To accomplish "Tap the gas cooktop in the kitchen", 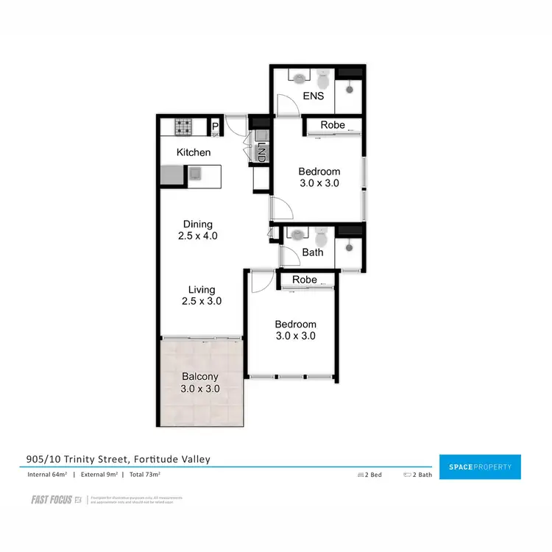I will tap(183, 127).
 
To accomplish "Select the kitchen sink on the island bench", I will tap(195, 174).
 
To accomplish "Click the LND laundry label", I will tap(260, 152).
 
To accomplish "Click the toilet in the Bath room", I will tap(320, 238).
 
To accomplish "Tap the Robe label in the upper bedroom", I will tap(333, 125).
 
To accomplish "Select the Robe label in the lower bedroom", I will tap(305, 280).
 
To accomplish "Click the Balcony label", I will tap(199, 376).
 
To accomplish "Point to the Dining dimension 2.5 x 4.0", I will tap(197, 236).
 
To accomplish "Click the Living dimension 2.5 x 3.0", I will tap(201, 301).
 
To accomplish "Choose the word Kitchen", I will tap(194, 152).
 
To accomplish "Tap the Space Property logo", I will tap(479, 467).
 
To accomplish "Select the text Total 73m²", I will tap(141, 475).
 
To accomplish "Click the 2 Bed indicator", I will tap(369, 475).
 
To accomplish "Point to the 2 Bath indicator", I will tap(417, 475).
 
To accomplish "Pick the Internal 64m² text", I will tap(48, 475).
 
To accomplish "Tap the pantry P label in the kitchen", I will tap(214, 127).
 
